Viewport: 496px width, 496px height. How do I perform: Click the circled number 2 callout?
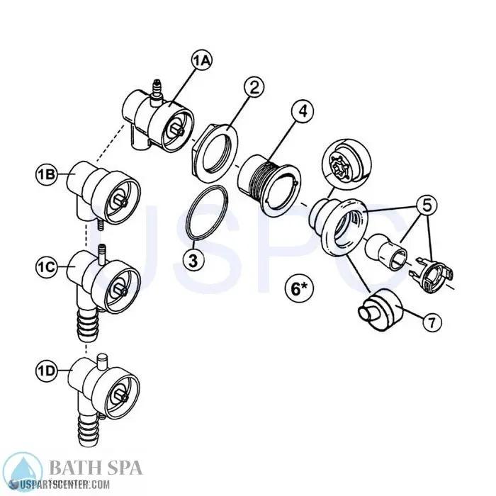[253, 88]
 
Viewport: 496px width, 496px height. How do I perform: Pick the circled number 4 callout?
[303, 111]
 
